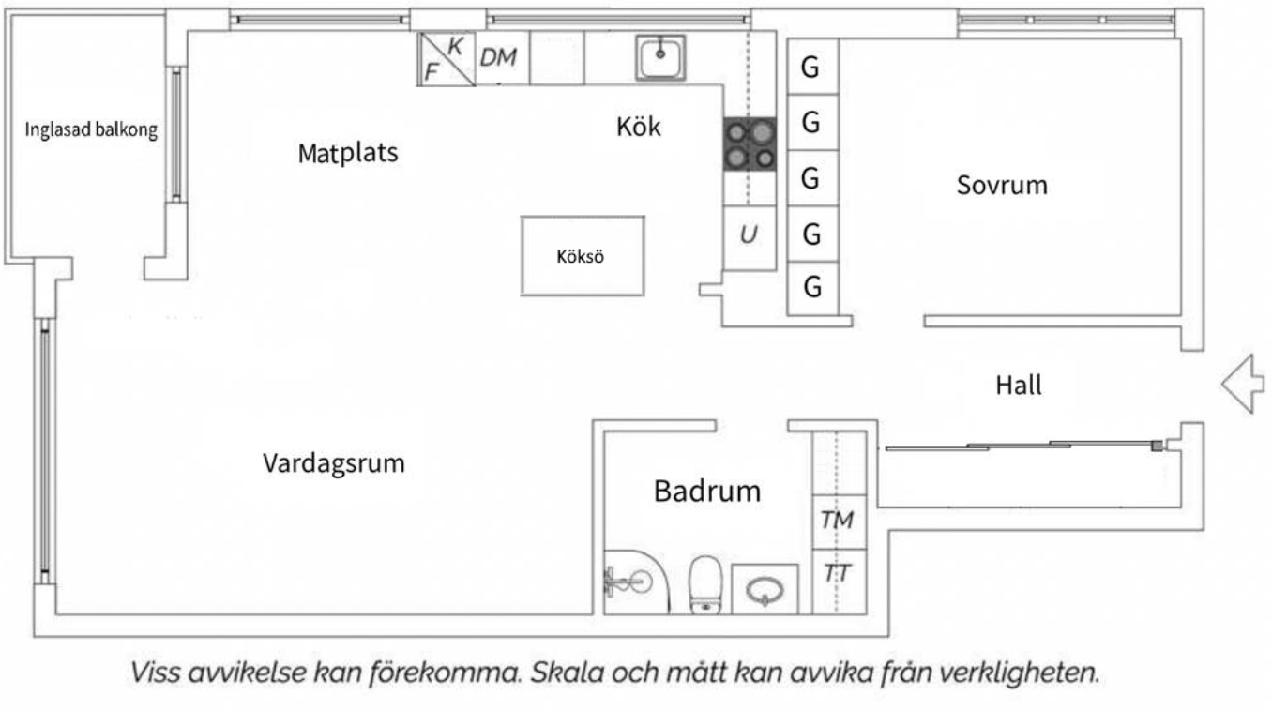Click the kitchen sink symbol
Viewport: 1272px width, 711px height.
pos(661,57)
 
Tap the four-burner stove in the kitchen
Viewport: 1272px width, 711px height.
pos(750,144)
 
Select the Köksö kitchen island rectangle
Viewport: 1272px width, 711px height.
pos(583,256)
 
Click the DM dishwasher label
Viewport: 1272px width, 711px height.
pos(498,57)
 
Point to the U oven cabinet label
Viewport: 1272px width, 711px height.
pos(748,234)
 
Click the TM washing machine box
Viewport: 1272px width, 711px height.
pos(838,520)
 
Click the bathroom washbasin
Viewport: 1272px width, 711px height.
pos(765,590)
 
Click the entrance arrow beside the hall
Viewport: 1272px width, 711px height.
pos(1244,383)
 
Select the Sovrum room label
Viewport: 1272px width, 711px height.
pos(1001,185)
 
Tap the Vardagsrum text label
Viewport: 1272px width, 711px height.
pos(333,462)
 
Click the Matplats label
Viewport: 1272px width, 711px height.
pos(348,153)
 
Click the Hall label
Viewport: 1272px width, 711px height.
pos(1019,385)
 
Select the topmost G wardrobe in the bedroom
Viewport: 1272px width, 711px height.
pos(812,67)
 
